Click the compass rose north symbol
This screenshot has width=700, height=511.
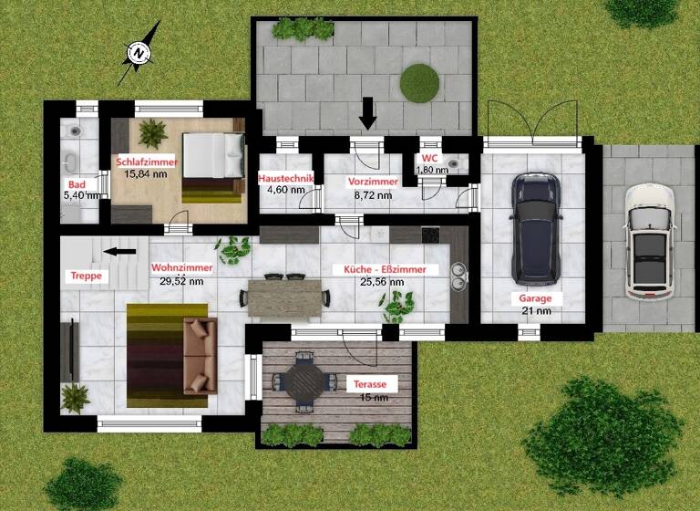coord(138,55)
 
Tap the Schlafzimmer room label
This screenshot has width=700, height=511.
coord(146,162)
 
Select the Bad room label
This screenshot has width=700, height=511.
coord(76,184)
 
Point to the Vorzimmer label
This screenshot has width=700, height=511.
coord(372,182)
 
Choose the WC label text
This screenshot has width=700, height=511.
coord(428,158)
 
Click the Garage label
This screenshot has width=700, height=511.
coord(535,298)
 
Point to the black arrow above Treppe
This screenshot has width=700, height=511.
coord(119,251)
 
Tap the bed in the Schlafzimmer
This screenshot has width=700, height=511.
coord(213,167)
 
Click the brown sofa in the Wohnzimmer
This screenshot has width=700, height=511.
coord(200,355)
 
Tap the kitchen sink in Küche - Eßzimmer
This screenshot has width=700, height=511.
coord(458,275)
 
